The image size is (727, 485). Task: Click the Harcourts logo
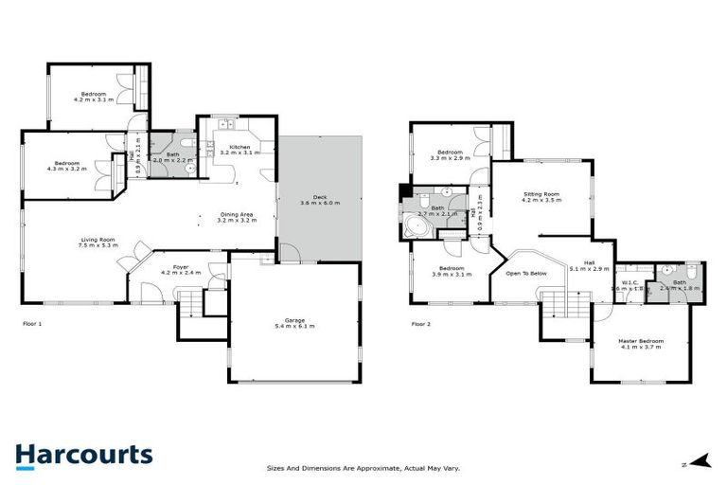(x=83, y=455)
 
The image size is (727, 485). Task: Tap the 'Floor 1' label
(x=32, y=324)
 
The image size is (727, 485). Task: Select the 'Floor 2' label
(x=420, y=324)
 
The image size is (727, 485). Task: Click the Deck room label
(x=319, y=200)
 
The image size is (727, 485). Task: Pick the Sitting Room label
(x=542, y=198)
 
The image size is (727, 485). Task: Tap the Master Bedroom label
(x=642, y=343)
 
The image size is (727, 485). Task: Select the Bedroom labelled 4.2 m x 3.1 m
(x=93, y=96)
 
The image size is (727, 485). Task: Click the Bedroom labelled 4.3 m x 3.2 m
(x=66, y=165)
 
